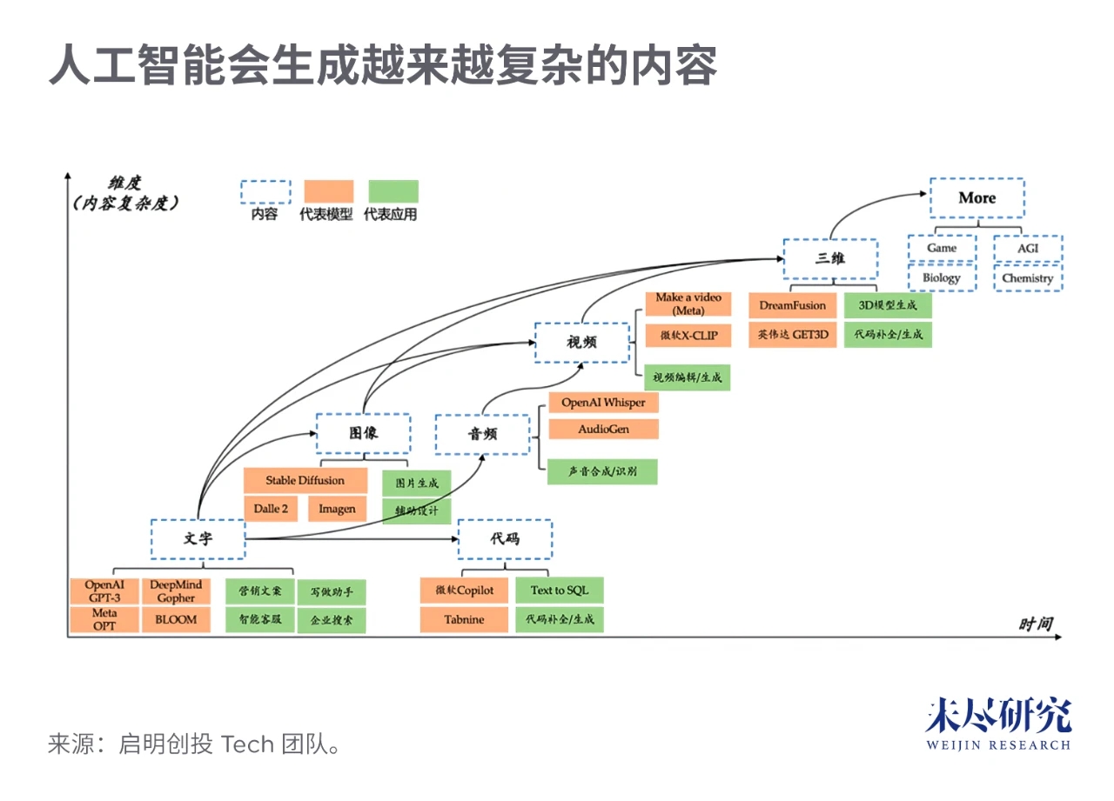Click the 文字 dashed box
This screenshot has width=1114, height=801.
(x=198, y=538)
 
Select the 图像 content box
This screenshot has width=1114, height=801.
(x=362, y=433)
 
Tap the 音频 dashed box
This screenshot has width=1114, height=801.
(x=482, y=434)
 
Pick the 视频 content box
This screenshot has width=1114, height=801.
(x=581, y=343)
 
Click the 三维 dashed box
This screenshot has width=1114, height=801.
(x=829, y=258)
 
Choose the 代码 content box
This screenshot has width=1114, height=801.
(x=505, y=538)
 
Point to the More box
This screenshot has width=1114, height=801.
(x=976, y=197)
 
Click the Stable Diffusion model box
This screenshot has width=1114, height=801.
(x=305, y=480)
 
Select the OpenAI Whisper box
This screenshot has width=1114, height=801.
(x=603, y=403)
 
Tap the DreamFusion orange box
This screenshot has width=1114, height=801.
(x=792, y=305)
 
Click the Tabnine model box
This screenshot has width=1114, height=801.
(x=464, y=619)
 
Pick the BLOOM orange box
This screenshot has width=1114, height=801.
(x=176, y=619)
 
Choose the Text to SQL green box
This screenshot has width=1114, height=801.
(x=559, y=590)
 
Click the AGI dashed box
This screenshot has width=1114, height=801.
(x=1027, y=249)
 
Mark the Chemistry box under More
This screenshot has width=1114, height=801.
(x=1027, y=278)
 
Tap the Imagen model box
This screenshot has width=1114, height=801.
(x=337, y=509)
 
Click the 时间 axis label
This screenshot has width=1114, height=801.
(x=1036, y=624)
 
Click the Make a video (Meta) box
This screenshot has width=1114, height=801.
(x=688, y=304)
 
